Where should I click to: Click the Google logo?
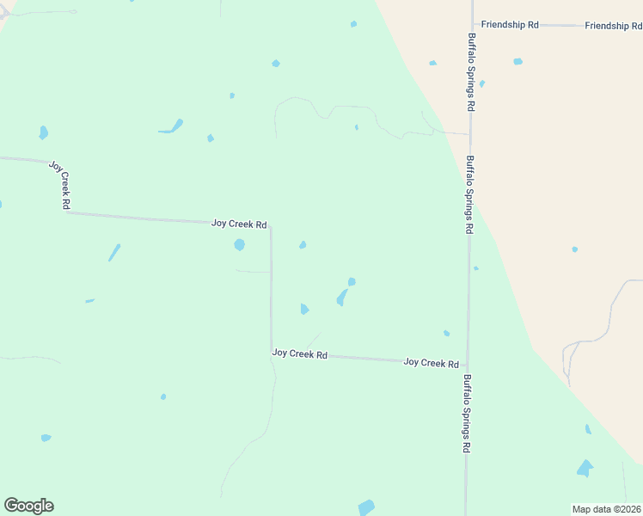click(x=28, y=506)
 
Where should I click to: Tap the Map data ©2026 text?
click(x=607, y=509)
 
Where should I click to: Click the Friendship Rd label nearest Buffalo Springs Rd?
click(x=510, y=25)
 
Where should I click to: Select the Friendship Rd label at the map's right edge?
click(x=613, y=26)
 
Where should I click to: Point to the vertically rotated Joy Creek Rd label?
click(x=60, y=185)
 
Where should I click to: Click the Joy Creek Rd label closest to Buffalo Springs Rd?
click(x=431, y=363)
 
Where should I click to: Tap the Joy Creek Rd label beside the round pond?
click(x=239, y=224)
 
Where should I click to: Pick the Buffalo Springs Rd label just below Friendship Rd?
click(x=471, y=72)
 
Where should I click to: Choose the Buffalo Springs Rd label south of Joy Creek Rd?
click(x=467, y=414)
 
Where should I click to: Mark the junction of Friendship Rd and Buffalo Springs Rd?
click(x=472, y=25)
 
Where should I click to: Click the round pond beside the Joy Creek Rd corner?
click(x=239, y=244)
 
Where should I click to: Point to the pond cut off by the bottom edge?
click(x=367, y=507)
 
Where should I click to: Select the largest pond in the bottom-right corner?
click(x=585, y=469)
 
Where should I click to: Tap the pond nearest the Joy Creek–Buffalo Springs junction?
click(x=446, y=334)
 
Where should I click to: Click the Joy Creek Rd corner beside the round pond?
click(x=271, y=226)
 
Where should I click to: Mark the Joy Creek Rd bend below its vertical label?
click(x=66, y=212)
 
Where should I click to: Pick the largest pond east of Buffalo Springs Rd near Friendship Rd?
click(x=517, y=62)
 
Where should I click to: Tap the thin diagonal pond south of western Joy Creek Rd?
click(x=114, y=252)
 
